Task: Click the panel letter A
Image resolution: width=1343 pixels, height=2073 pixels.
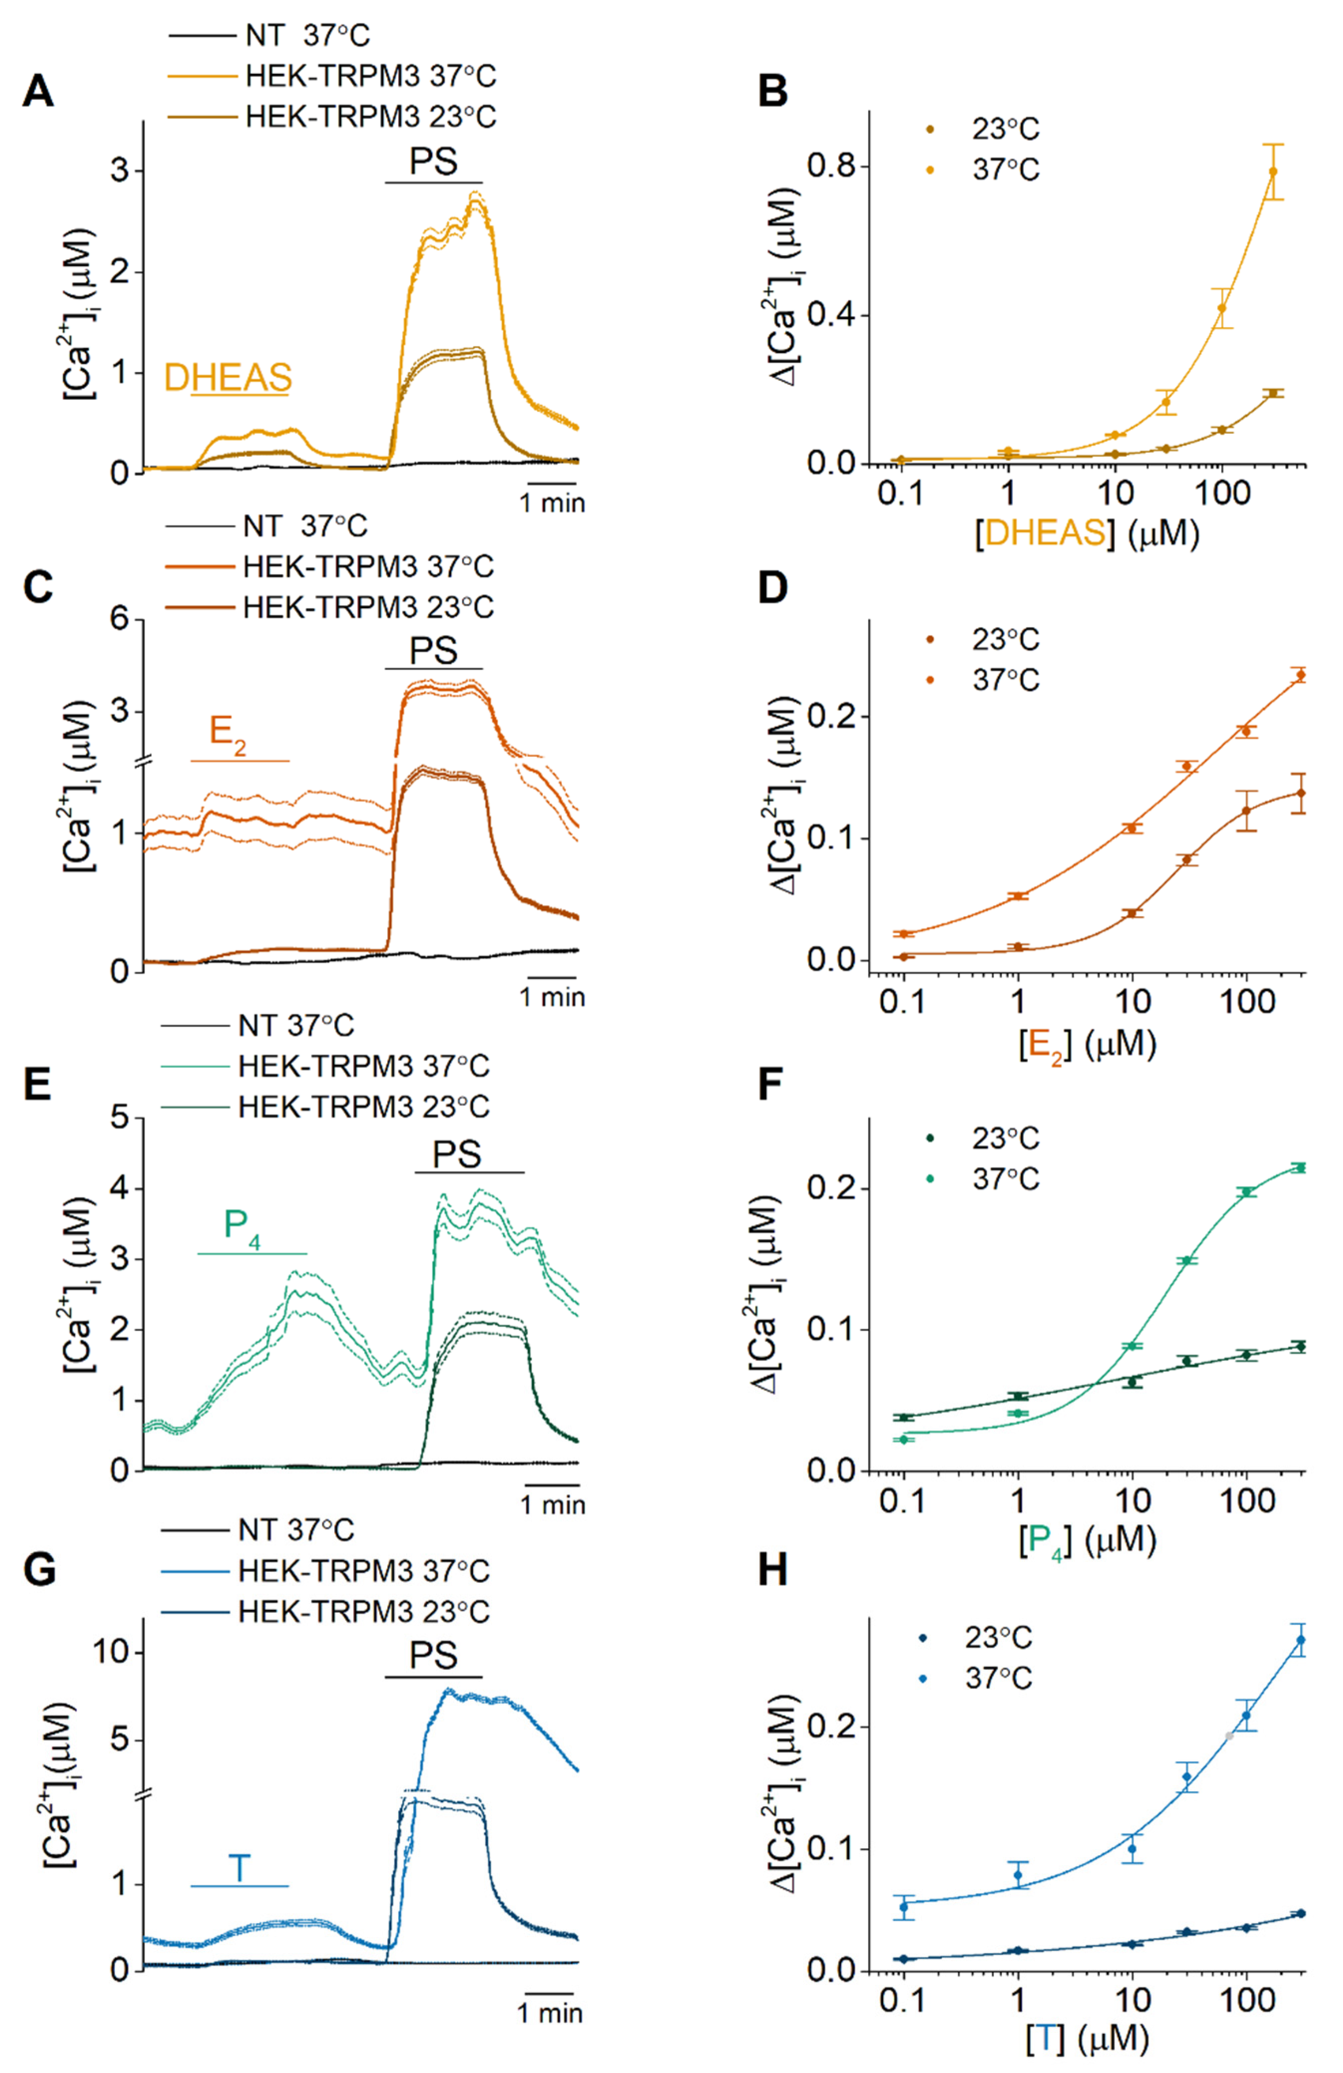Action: click(37, 91)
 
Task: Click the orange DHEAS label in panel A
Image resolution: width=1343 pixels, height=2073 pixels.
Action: click(228, 377)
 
